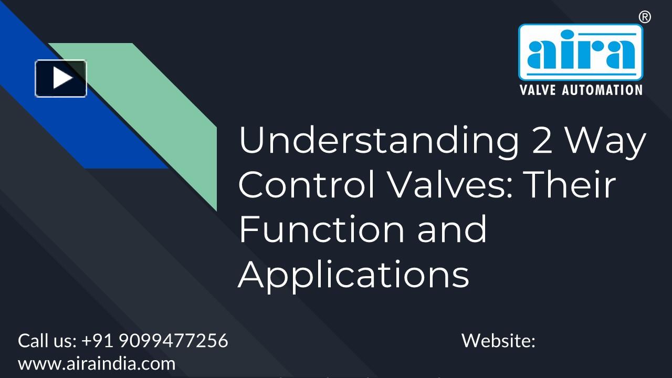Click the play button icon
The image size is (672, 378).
61,78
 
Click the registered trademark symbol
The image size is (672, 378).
645,17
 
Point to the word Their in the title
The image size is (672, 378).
571,184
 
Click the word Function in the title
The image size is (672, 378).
321,229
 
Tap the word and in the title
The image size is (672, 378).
452,229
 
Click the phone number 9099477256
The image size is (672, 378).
173,341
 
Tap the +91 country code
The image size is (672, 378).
98,341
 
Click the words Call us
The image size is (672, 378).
47,341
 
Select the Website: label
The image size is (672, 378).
498,341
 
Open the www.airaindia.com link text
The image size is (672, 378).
97,363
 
